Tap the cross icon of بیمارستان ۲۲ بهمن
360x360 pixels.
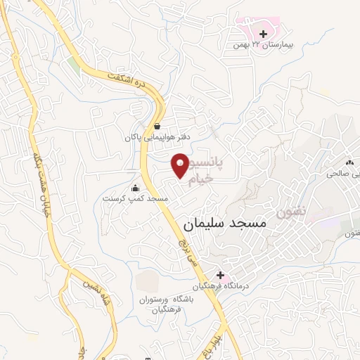(263, 33)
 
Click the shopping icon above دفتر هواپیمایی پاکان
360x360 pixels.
(156, 127)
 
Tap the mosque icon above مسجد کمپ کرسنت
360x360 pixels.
(136, 188)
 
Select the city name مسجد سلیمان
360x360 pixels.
(225, 224)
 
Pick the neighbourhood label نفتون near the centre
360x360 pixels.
(290, 212)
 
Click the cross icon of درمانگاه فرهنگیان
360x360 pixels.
(220, 275)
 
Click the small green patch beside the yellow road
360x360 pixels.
(74, 65)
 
